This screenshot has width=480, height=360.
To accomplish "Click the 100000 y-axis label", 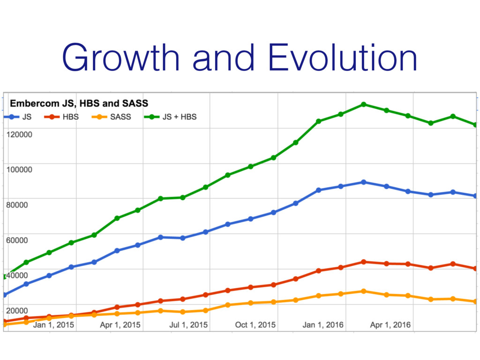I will [19, 169].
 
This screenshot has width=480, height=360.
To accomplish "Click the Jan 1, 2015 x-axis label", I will [53, 325].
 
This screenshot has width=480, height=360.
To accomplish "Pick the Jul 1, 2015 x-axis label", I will [187, 325].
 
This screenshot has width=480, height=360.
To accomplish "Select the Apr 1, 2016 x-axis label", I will [390, 325].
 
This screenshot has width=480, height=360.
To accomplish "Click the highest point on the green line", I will [364, 104].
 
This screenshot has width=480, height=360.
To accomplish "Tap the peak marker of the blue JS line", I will [364, 182].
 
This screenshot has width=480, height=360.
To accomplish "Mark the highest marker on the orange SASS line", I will [364, 291].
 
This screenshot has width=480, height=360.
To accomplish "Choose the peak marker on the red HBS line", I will [364, 262].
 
